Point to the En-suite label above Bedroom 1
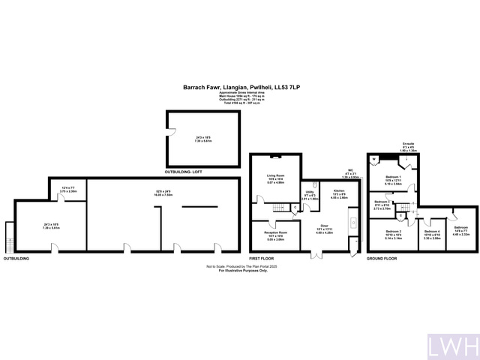click(409, 142)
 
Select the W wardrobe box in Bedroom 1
click(373, 159)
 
